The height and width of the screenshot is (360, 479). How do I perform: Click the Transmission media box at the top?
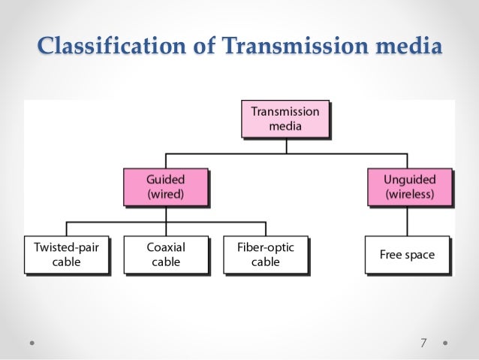pos(285,119)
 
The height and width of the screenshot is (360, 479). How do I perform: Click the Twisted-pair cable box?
pos(66,254)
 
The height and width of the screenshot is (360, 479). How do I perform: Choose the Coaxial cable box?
pos(165,254)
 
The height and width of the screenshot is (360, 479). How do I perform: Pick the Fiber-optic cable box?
pos(266,254)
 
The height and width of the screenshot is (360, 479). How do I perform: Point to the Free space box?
pos(407,255)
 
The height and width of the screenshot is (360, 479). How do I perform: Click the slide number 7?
pos(423,343)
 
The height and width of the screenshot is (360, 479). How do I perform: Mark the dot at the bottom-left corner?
pos(33,343)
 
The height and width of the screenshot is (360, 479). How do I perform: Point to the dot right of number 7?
pos(445,343)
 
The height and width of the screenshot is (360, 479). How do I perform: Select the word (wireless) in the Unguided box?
pos(409,194)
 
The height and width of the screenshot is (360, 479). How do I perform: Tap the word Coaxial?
pos(165,247)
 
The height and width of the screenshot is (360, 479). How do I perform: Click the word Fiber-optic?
pos(266,247)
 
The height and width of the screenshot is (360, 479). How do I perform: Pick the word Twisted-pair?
pos(66,247)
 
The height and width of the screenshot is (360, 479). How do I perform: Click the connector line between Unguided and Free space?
pos(408,221)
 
